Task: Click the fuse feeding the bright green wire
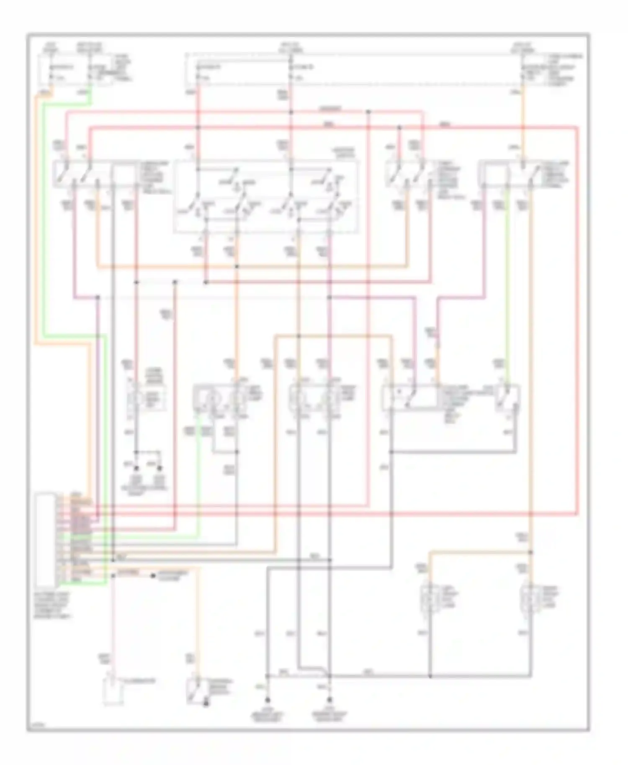point(89,71)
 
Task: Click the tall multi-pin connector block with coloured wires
point(46,540)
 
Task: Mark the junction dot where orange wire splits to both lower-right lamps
point(531,552)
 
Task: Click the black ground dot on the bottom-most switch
point(206,705)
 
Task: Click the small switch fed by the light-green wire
point(507,397)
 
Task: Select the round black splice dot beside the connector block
point(153,576)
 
